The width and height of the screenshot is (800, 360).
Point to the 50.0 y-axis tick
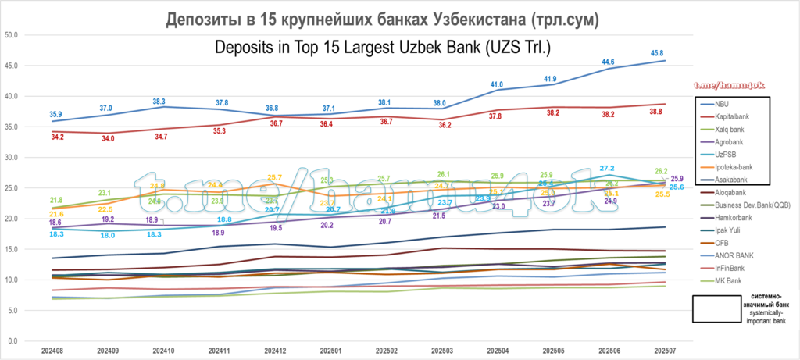coord(12,35)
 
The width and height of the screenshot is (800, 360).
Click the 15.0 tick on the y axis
coord(12,249)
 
